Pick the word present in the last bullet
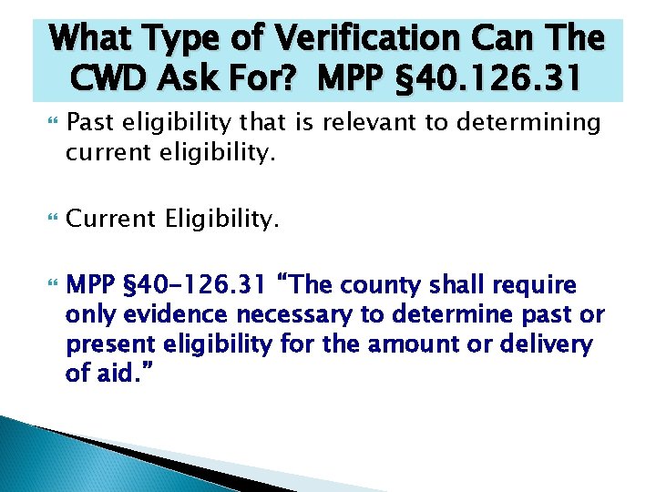pyautogui.click(x=111, y=345)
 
